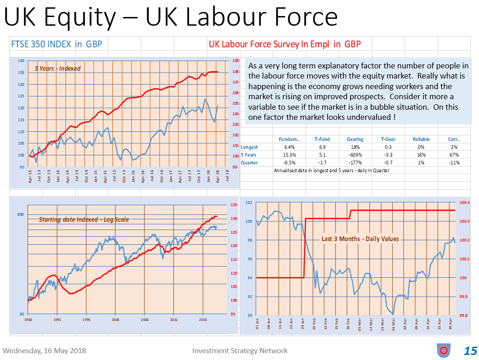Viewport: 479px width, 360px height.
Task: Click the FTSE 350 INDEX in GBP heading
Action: (x=56, y=44)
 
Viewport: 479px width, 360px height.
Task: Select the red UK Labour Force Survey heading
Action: (x=284, y=44)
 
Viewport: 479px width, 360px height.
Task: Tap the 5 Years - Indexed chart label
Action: (x=57, y=68)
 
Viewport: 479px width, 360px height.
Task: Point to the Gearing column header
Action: (x=355, y=139)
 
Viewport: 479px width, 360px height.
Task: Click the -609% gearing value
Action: (x=355, y=155)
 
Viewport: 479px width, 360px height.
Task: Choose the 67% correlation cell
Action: (x=454, y=155)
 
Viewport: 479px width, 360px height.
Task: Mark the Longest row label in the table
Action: (x=249, y=147)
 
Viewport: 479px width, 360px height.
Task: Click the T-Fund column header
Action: (x=322, y=139)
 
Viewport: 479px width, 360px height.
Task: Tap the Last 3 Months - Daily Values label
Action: (x=360, y=239)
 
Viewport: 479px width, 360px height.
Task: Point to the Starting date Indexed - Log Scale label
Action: (x=84, y=219)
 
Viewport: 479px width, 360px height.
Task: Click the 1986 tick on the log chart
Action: (x=28, y=319)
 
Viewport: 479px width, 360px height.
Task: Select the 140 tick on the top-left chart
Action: (x=21, y=61)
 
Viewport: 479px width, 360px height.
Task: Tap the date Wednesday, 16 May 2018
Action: (x=44, y=351)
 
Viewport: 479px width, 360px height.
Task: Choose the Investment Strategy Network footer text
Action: (x=240, y=351)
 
